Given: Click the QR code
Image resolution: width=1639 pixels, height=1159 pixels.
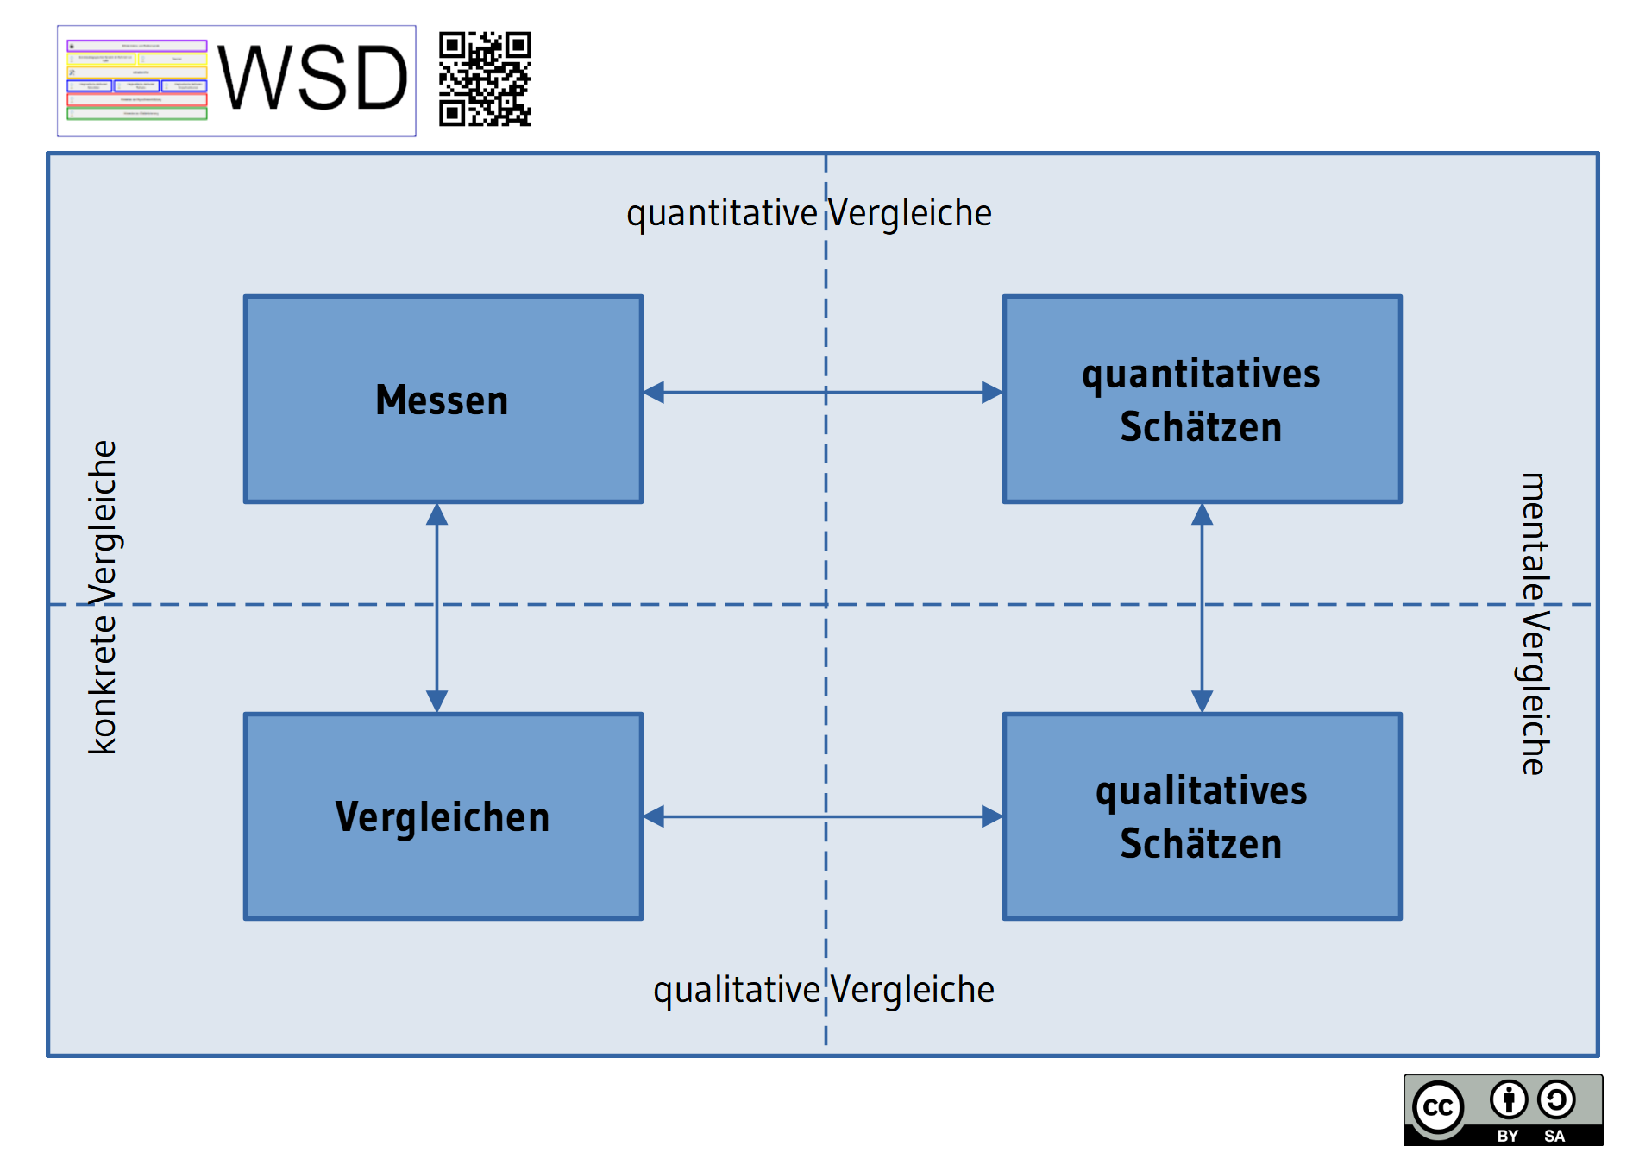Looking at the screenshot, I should [485, 79].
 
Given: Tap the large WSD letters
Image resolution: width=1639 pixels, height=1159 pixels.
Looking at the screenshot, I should [312, 79].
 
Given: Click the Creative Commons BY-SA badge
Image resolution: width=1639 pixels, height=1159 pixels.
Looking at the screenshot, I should [1503, 1110].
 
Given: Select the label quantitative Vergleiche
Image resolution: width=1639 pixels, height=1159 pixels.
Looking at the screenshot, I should [809, 213].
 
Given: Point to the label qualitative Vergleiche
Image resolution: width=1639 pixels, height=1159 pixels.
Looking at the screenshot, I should [824, 990].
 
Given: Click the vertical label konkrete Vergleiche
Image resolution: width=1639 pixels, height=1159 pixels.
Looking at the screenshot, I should [104, 597].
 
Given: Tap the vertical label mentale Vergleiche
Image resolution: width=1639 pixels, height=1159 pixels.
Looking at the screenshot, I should [1534, 623].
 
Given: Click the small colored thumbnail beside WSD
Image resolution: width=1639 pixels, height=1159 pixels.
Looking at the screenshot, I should [137, 79].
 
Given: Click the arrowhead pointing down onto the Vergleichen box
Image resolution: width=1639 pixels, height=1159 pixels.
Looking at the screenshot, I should [437, 700].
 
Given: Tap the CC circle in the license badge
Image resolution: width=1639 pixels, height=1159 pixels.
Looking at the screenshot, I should [1438, 1107].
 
